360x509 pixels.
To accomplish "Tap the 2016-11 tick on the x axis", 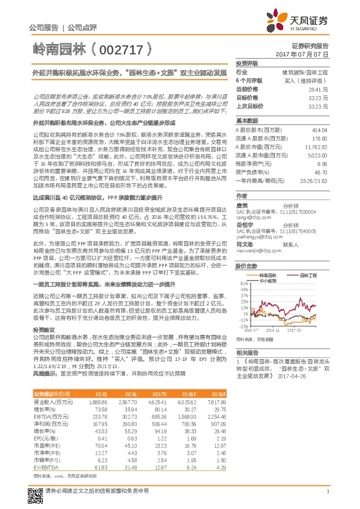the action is (272, 330).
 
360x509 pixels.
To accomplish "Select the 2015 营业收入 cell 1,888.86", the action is (98, 401).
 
